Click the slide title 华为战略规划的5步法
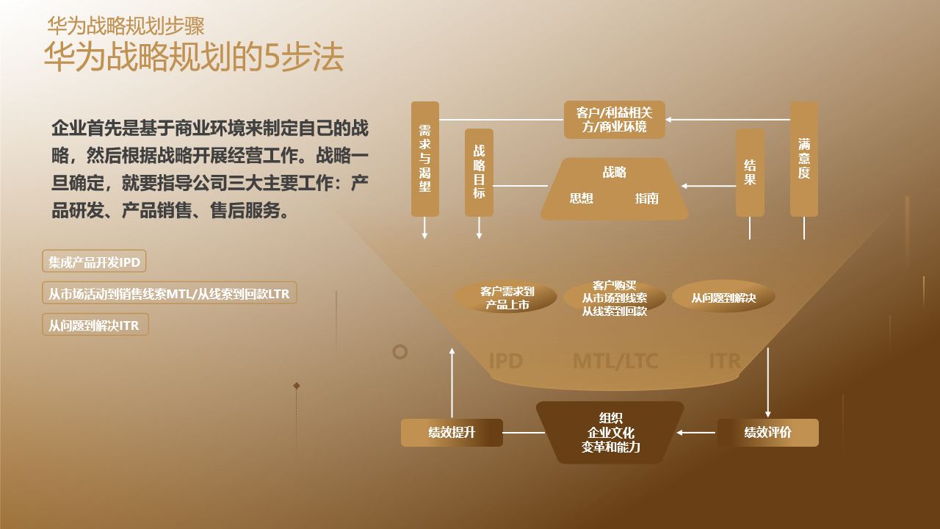coord(194,58)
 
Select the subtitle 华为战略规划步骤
coord(126,26)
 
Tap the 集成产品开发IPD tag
coord(94,262)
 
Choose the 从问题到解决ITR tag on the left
coord(95,325)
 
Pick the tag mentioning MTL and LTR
coord(169,294)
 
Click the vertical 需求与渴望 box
coord(424,159)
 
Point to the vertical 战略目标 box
coord(479,172)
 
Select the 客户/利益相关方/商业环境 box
coord(614,120)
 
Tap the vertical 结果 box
coord(750,172)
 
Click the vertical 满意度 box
coord(804,159)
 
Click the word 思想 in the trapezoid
coord(581,198)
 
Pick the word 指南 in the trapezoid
coord(647,198)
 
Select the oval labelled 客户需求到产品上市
coord(507,298)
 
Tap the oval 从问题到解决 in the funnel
coord(723,298)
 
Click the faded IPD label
coord(505,361)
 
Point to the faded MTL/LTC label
coord(615,361)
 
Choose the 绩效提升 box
coord(452,433)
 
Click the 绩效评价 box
coord(767,433)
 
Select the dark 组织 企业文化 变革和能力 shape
coord(610,432)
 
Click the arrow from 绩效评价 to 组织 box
coord(696,433)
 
